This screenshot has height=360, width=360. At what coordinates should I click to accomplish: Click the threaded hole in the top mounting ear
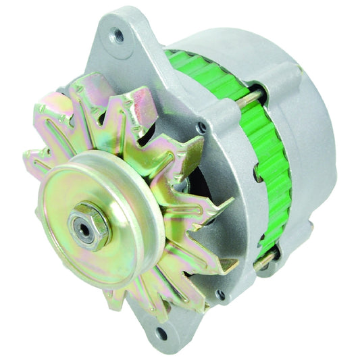point(120,36)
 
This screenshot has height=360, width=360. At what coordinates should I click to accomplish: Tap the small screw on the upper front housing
point(201,127)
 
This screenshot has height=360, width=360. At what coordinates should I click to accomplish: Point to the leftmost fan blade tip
point(30,162)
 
